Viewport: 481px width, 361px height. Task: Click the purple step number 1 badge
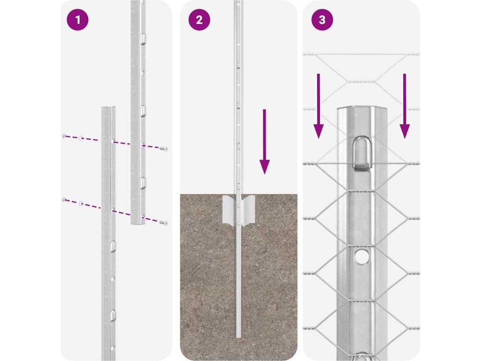pyautogui.click(x=78, y=20)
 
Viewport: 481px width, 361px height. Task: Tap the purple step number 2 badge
pyautogui.click(x=199, y=20)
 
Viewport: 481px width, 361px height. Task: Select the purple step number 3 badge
pyautogui.click(x=322, y=20)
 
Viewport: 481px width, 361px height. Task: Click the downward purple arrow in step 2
pyautogui.click(x=264, y=141)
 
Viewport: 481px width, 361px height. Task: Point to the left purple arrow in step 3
pyautogui.click(x=319, y=106)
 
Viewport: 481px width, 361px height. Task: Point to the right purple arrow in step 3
pyautogui.click(x=404, y=106)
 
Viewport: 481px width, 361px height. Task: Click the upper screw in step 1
pyautogui.click(x=164, y=149)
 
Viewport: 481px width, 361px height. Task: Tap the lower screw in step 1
pyautogui.click(x=164, y=222)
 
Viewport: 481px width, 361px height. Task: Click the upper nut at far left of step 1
pyautogui.click(x=64, y=136)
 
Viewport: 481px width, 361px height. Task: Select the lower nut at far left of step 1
pyautogui.click(x=64, y=200)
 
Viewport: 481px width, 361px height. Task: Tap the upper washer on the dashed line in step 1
pyautogui.click(x=81, y=138)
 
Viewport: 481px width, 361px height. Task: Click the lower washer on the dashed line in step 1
pyautogui.click(x=81, y=203)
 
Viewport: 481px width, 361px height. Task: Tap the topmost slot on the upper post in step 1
pyautogui.click(x=143, y=39)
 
